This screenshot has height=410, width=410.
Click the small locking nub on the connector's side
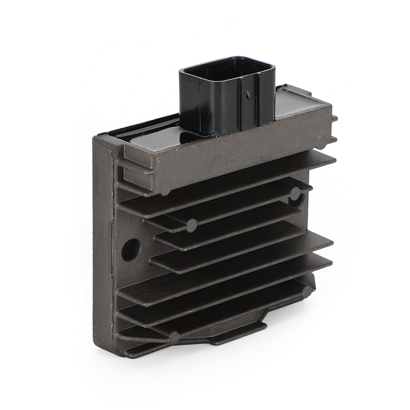pyautogui.click(x=248, y=96)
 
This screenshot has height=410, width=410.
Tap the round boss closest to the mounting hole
pyautogui.click(x=192, y=225)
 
